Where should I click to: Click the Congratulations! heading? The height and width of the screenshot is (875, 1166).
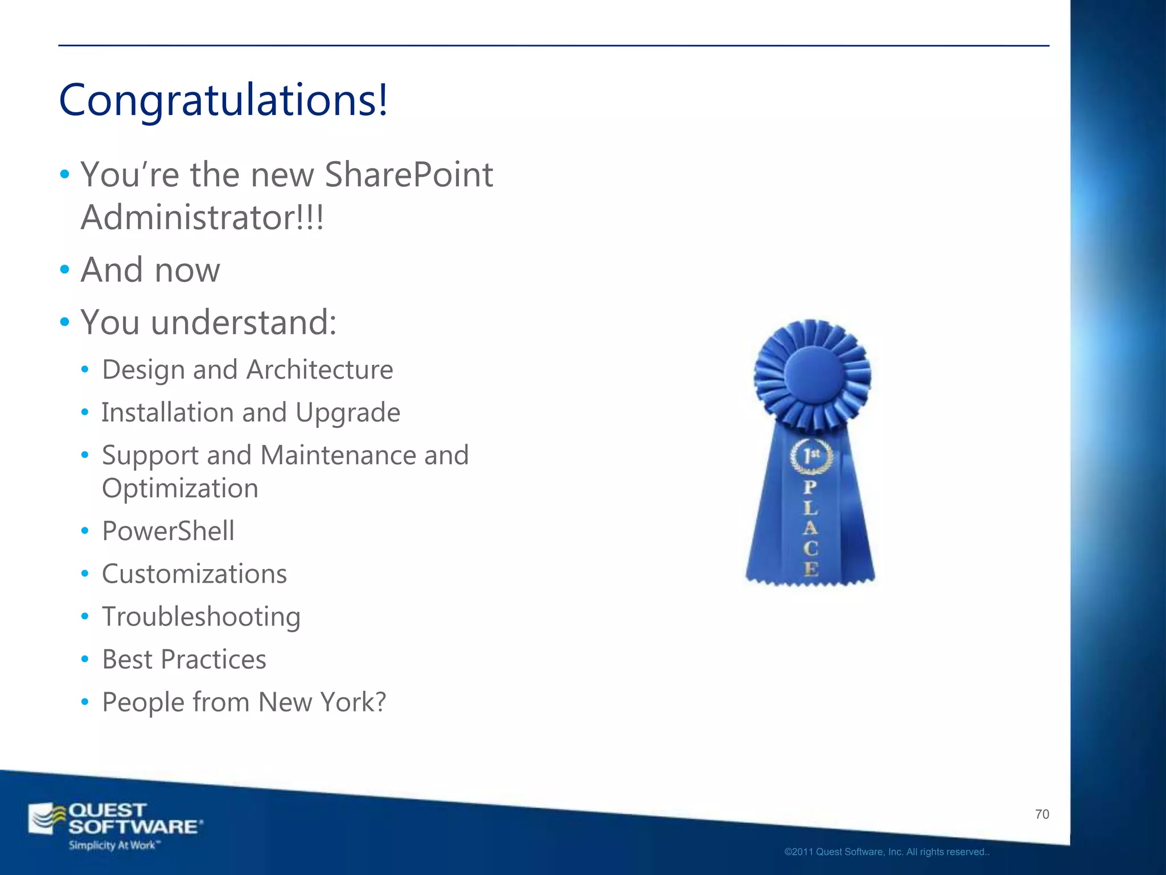(x=223, y=100)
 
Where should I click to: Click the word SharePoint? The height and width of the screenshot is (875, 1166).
(x=408, y=174)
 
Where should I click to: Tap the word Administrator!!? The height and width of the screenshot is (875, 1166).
(x=202, y=218)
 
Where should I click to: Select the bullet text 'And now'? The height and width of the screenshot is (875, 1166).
(x=150, y=269)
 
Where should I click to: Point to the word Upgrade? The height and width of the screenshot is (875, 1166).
(x=347, y=412)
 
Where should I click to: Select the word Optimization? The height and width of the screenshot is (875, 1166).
(x=180, y=488)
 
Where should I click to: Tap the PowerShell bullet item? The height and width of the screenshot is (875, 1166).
(x=168, y=531)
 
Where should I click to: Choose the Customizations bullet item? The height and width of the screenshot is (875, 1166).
(x=194, y=574)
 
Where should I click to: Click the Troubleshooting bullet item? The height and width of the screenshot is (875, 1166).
(x=201, y=616)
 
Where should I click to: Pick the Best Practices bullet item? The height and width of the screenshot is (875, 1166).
(x=184, y=659)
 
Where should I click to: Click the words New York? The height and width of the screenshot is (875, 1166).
(x=322, y=702)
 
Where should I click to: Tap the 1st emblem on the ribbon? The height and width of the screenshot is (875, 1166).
(x=811, y=456)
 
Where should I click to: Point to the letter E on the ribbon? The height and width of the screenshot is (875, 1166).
(x=811, y=569)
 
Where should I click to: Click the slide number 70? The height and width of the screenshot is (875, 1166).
(x=1042, y=815)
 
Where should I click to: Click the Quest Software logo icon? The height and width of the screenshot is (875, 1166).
(x=48, y=819)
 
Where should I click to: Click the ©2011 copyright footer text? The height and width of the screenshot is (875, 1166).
(x=886, y=852)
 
